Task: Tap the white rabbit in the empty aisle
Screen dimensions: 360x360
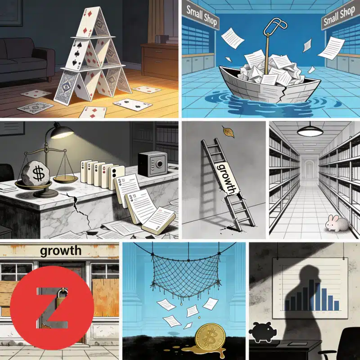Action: (x=337, y=223)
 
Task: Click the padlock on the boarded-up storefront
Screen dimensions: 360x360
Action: (x=61, y=297)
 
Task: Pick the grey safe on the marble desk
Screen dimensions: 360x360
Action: (x=153, y=164)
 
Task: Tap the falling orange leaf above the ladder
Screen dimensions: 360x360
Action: (x=228, y=131)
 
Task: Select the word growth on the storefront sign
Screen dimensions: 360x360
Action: (x=61, y=251)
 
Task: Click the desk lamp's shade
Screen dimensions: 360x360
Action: (x=62, y=130)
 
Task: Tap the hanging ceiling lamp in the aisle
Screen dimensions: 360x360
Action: (x=310, y=131)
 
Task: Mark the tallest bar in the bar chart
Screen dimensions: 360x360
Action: (x=311, y=295)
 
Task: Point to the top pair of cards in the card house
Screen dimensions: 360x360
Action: (x=93, y=22)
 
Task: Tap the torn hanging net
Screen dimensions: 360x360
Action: (x=186, y=275)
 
